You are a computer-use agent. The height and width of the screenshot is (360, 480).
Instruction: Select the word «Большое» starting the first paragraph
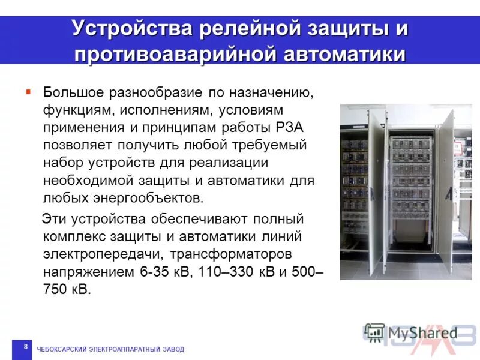point(73,94)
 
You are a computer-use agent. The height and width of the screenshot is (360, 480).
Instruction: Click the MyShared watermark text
point(422,333)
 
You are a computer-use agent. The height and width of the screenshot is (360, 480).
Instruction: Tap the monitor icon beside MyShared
point(374,333)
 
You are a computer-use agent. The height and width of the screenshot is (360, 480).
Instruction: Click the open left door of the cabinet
point(376,192)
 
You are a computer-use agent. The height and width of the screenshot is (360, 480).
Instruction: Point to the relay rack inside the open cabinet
point(410,180)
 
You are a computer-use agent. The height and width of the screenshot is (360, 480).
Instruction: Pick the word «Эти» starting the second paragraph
point(55,219)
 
